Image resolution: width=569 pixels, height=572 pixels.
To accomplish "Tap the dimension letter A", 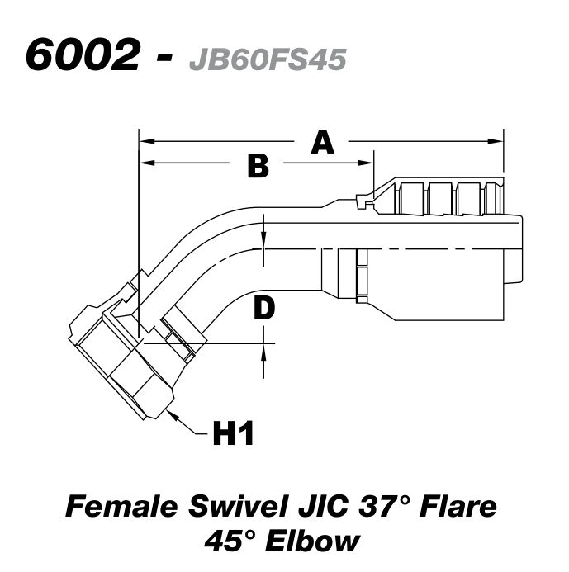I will click(x=322, y=143).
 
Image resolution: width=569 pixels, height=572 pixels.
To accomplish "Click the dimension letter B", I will click(x=258, y=166).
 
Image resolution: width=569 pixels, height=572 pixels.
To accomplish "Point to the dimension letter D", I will click(x=263, y=308).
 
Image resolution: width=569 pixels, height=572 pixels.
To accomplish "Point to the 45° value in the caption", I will click(x=240, y=541).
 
